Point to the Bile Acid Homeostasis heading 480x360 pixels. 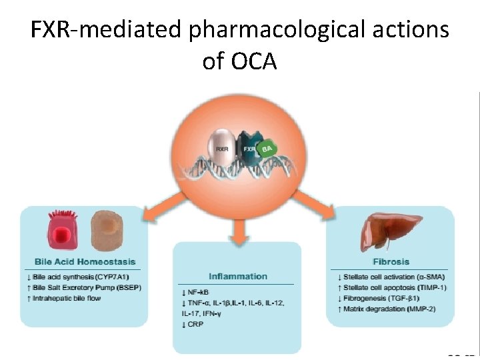click(x=85, y=262)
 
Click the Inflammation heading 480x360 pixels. click(x=238, y=276)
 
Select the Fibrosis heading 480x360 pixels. click(x=391, y=262)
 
